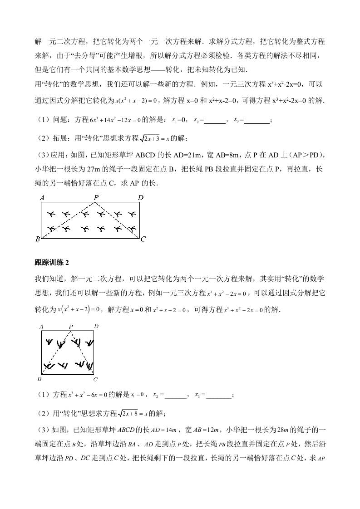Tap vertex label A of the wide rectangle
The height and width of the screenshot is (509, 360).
pyautogui.click(x=42, y=197)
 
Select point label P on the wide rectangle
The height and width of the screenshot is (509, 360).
pyautogui.click(x=96, y=197)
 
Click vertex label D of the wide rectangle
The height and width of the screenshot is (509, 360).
pyautogui.click(x=141, y=197)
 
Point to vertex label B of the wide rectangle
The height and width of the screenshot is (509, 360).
pyautogui.click(x=38, y=239)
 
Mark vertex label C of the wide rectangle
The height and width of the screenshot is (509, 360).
pyautogui.click(x=143, y=239)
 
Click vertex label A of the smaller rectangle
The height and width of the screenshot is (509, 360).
pyautogui.click(x=41, y=326)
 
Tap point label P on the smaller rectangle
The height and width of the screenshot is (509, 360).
pyautogui.click(x=70, y=327)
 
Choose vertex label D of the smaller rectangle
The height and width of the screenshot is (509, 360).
pyautogui.click(x=96, y=326)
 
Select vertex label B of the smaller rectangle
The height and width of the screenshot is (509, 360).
pyautogui.click(x=39, y=379)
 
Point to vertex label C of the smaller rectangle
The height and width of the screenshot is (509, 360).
pyautogui.click(x=95, y=379)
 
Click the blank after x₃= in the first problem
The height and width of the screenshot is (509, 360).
pyautogui.click(x=256, y=120)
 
